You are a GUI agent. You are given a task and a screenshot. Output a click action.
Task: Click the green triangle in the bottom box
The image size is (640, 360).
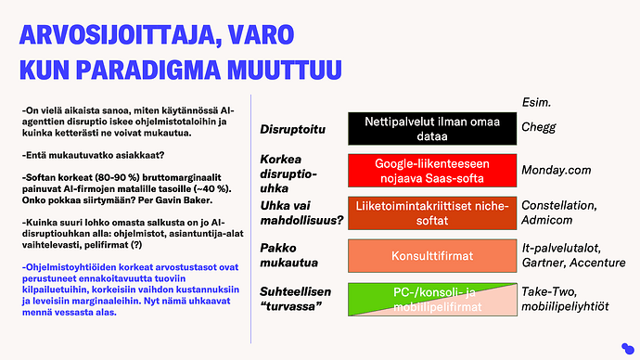coord(390,294)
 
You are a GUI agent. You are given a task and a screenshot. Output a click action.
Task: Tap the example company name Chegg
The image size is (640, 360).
coord(539,127)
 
